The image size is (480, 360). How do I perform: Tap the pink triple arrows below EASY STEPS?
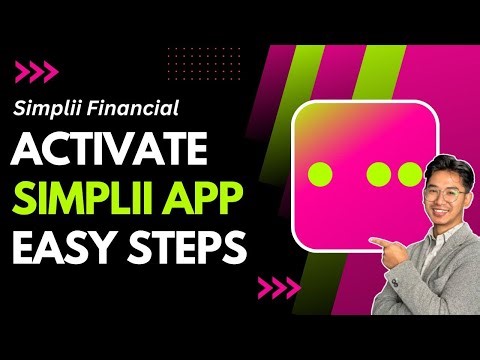[279, 289]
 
